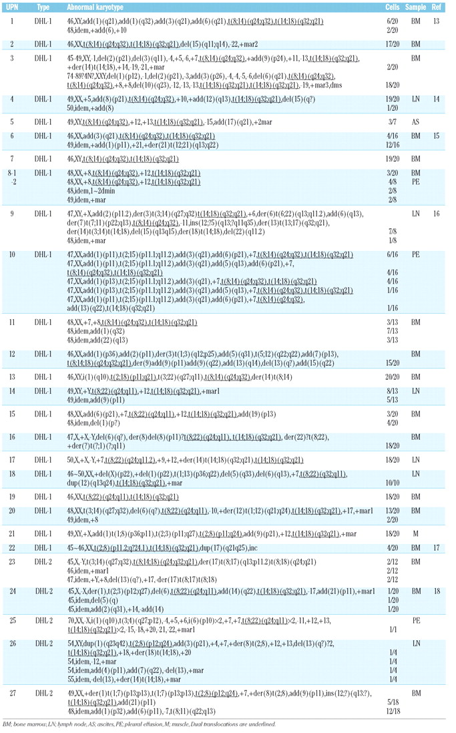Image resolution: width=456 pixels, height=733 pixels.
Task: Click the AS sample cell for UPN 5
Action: click(415, 122)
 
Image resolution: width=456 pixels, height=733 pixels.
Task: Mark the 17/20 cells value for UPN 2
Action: click(393, 45)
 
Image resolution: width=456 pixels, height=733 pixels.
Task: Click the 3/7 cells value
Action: click(393, 122)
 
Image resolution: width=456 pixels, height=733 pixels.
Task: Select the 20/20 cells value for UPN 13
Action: click(393, 377)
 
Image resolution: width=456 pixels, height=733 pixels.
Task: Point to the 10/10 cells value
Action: click(393, 480)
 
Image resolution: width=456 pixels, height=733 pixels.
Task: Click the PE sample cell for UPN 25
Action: click(415, 622)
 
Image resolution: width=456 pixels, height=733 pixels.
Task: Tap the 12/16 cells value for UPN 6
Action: click(393, 144)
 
